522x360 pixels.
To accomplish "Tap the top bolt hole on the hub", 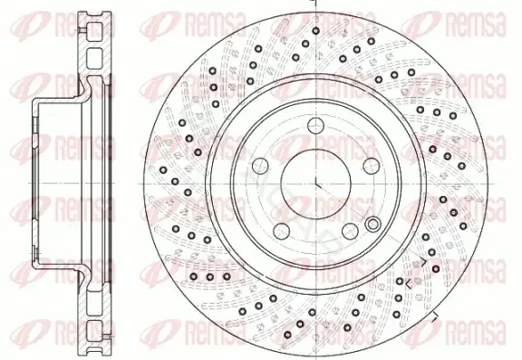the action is point(316,126).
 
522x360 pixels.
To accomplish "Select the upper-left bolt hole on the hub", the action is point(261,166).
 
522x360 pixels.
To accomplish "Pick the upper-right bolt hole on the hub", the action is point(372,166).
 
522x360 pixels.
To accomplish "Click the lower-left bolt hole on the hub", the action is point(282,231).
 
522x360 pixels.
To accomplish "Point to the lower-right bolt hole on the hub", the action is point(350,231).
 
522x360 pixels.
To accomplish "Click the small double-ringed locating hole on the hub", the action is point(372,224).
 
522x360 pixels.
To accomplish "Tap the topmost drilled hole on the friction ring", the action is point(316,31).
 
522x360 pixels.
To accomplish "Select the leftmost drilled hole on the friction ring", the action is point(163,170).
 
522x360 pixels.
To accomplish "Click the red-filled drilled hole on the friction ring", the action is point(436,268).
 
